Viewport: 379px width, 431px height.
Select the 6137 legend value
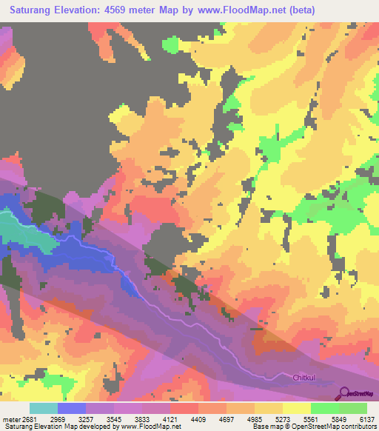(367, 418)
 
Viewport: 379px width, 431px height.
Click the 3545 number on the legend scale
(114, 418)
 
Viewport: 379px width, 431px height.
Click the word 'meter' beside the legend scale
(11, 418)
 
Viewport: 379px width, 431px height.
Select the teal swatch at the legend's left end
(44, 408)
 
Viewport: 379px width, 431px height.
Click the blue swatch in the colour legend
(72, 408)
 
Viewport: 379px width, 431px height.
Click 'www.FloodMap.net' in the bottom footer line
(152, 427)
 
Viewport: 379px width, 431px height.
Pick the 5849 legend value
(339, 418)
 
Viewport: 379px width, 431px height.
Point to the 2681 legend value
(30, 418)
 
